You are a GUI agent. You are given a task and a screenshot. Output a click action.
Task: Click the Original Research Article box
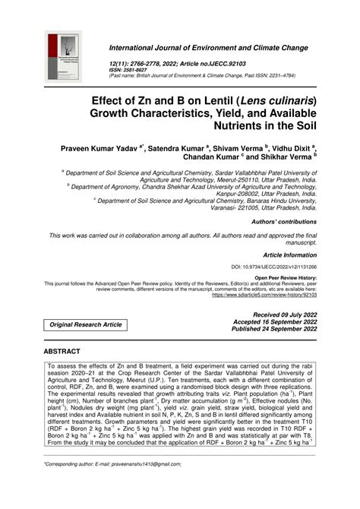(x=86, y=324)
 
